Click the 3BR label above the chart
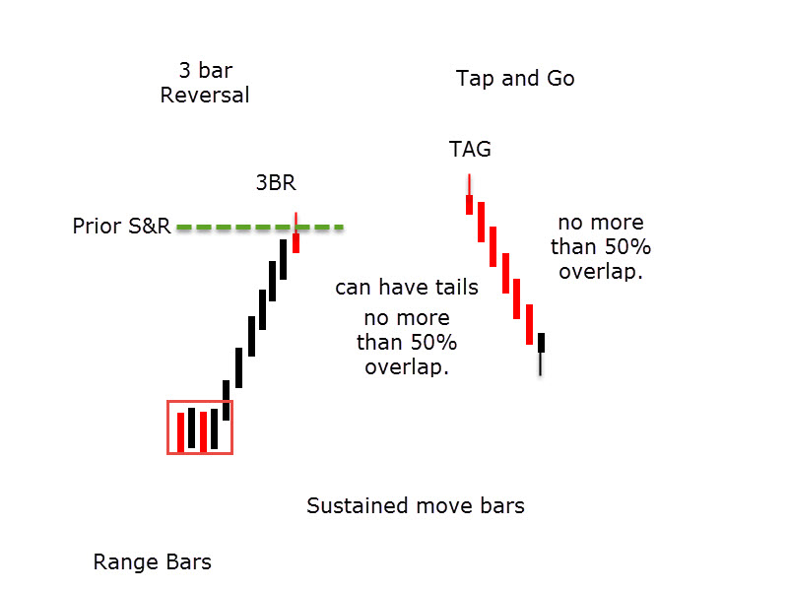(276, 182)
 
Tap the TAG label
(470, 150)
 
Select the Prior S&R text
(121, 227)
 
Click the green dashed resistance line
(260, 228)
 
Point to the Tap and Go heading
(515, 79)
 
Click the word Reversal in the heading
(205, 95)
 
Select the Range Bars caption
(153, 561)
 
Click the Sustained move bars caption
(416, 505)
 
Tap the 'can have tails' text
(407, 287)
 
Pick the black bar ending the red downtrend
(541, 342)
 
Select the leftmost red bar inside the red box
(180, 432)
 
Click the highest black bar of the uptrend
(284, 259)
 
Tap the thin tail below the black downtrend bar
(541, 363)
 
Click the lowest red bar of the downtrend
(529, 324)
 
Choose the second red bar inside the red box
(204, 431)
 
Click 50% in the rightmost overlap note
(627, 247)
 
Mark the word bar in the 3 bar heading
(216, 70)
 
